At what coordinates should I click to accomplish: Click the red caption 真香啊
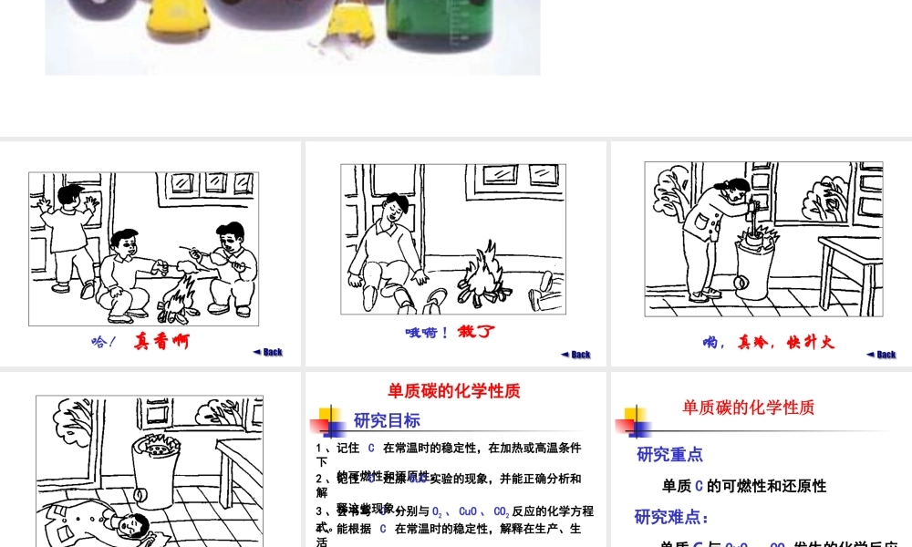pyautogui.click(x=162, y=342)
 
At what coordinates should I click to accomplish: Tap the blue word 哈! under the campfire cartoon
pyautogui.click(x=104, y=343)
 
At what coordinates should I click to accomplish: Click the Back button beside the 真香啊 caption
pyautogui.click(x=268, y=352)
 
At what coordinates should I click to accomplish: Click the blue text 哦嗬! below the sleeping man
pyautogui.click(x=427, y=333)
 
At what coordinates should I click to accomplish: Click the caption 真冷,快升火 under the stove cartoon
pyautogui.click(x=768, y=343)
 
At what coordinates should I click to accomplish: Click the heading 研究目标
pyautogui.click(x=387, y=420)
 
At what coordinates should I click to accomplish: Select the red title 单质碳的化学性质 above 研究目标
pyautogui.click(x=454, y=391)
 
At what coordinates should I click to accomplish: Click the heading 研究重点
pyautogui.click(x=669, y=454)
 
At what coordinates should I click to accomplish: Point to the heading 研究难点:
pyautogui.click(x=672, y=517)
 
